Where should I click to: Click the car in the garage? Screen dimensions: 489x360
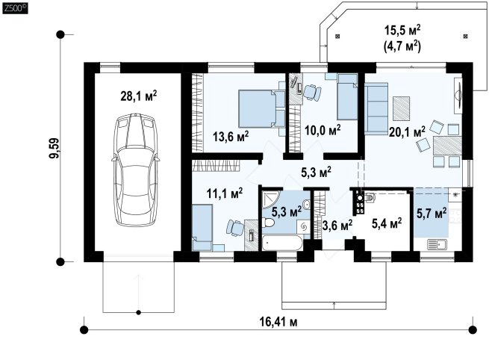point(135,170)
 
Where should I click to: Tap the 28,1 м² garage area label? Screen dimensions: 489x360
point(138,96)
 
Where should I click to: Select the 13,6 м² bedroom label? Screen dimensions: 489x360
point(231,137)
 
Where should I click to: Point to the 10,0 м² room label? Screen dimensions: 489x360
point(323,130)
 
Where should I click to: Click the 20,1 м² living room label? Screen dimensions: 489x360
point(407,132)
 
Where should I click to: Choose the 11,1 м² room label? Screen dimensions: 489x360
point(225,193)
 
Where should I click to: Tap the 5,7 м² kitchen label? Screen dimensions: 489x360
point(432,214)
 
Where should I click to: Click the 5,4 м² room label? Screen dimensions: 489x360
point(387,223)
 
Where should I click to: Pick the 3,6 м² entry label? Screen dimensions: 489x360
point(337,225)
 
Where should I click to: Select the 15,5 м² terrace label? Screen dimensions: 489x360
point(402,31)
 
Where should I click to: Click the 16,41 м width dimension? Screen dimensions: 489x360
point(278,322)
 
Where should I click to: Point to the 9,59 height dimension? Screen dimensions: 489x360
point(54,148)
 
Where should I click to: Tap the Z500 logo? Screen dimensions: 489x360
point(15,8)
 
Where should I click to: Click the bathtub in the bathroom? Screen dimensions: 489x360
point(282,243)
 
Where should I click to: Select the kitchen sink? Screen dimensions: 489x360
point(437,244)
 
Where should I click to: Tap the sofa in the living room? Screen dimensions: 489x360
point(376,108)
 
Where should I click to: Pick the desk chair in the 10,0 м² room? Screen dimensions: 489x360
point(312,93)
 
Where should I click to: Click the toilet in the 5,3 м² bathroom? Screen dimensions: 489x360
point(268,223)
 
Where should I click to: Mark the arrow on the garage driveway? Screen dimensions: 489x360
point(139,294)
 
